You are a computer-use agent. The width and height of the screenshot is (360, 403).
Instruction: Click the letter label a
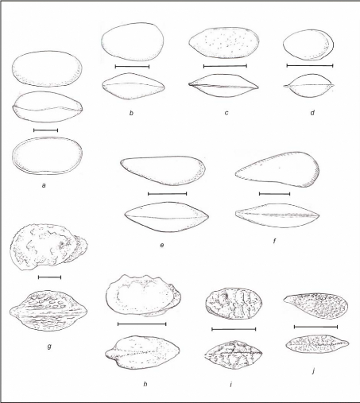(x=44, y=185)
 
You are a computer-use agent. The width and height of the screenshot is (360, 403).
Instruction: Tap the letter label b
(x=131, y=113)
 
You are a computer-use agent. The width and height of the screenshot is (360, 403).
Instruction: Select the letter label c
(x=226, y=113)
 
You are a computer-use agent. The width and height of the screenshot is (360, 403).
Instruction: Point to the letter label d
(x=312, y=113)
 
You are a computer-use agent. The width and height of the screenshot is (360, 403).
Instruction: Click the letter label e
(x=162, y=245)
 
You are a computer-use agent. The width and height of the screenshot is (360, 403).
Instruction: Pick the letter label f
(x=274, y=241)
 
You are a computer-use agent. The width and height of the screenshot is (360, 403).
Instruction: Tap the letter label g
(x=49, y=346)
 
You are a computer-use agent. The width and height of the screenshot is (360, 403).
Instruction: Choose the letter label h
(x=145, y=384)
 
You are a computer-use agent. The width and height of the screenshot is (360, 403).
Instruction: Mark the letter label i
(x=231, y=384)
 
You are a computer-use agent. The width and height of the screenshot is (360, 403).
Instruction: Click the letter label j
(x=314, y=371)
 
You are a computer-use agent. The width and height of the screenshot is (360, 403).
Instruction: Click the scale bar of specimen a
(x=46, y=130)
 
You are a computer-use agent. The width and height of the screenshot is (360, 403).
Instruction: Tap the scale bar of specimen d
(x=310, y=65)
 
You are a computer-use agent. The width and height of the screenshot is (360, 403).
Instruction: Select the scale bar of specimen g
(x=50, y=277)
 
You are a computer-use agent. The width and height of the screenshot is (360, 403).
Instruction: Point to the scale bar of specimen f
(x=274, y=194)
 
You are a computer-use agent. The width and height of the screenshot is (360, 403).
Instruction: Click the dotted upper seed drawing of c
(x=224, y=42)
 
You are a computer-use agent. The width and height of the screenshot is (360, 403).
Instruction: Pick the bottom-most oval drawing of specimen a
(x=47, y=156)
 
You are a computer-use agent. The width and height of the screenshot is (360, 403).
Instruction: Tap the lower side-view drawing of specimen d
(x=309, y=86)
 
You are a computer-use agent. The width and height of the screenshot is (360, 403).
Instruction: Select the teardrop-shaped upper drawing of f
(x=277, y=169)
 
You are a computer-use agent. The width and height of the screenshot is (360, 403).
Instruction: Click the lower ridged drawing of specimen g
(x=48, y=311)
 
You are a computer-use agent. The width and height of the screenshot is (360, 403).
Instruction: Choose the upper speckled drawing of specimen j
(x=315, y=306)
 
